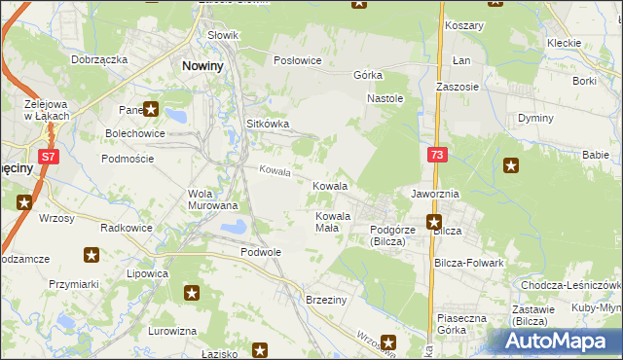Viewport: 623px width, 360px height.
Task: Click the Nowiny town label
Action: coord(204,66)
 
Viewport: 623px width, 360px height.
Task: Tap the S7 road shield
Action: coord(48,155)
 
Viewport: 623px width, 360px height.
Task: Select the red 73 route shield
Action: coord(437,154)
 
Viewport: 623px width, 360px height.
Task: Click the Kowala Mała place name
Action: coord(332,222)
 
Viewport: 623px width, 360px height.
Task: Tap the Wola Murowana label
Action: coord(212,198)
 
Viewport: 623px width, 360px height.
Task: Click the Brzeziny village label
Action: coord(326,300)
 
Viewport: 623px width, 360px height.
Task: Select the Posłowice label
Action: coord(297,60)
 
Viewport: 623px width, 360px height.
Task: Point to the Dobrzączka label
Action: coord(99,59)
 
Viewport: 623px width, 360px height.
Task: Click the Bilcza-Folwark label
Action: coord(469,263)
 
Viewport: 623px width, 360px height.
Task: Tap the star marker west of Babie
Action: coord(511,165)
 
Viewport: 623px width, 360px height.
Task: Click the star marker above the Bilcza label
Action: coord(435,221)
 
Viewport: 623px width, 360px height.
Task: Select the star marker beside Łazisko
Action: coord(260,348)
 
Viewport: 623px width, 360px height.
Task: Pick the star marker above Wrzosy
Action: coord(24,202)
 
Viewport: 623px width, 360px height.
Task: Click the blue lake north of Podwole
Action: coord(233,229)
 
